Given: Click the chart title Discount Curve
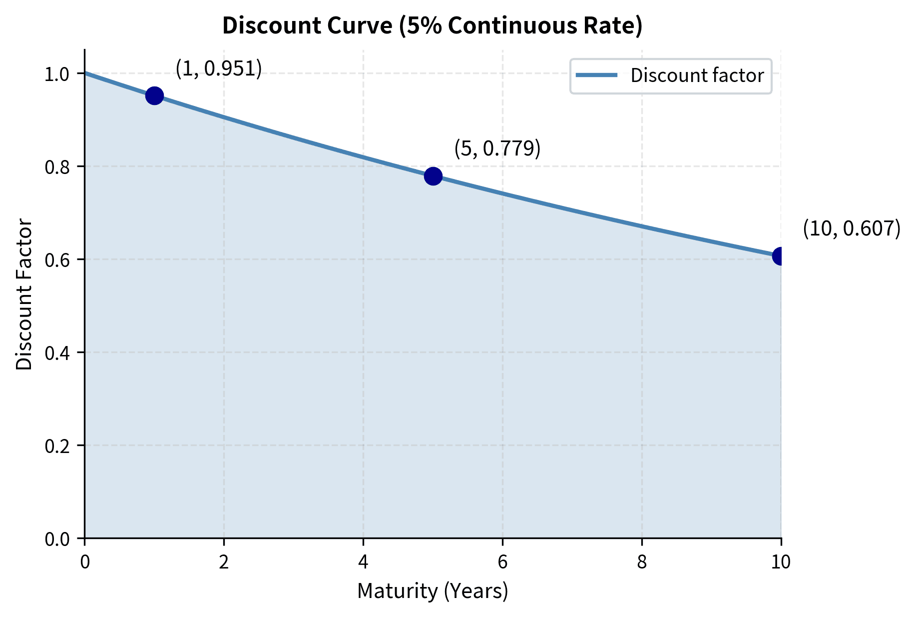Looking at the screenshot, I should click(432, 26).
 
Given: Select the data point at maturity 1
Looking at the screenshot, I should click(154, 95).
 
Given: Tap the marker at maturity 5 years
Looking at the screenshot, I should click(433, 176).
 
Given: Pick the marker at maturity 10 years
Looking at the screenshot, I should click(780, 256).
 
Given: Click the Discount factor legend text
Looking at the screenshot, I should click(697, 75).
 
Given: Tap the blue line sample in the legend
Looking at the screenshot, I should click(596, 75).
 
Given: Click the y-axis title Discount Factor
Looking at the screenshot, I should click(24, 294).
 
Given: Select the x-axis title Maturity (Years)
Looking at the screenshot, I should click(433, 591).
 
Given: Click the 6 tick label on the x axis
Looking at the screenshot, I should click(502, 562).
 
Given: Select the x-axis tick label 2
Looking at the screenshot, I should click(224, 562).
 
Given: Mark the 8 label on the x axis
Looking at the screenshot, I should click(642, 562).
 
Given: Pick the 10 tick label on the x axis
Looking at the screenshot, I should click(781, 562).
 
